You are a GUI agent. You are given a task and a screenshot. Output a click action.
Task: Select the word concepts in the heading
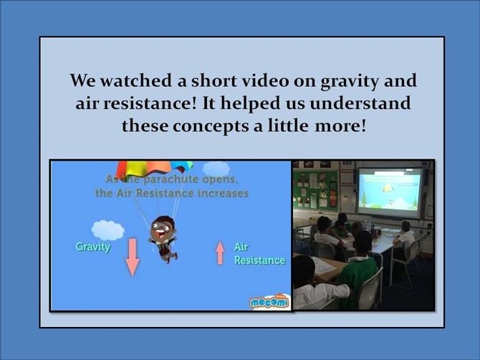[211, 126]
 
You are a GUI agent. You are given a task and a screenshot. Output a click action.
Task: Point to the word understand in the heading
[360, 103]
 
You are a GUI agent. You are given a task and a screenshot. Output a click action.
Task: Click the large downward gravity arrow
[133, 257]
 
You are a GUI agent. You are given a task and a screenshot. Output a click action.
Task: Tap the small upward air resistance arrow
[220, 252]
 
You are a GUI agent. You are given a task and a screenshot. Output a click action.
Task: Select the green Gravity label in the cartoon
[93, 247]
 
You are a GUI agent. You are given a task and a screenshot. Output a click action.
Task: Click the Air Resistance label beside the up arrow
[259, 254]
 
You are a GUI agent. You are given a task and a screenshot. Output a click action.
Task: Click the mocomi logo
[269, 302]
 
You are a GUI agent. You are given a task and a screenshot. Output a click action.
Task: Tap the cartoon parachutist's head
[160, 227]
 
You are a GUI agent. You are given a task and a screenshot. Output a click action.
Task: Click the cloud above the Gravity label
[107, 230]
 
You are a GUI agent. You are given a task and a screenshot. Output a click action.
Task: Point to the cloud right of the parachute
[216, 169]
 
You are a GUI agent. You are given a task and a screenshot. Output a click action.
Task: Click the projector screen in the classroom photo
[390, 191]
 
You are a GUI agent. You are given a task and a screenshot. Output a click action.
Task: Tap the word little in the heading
[288, 125]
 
